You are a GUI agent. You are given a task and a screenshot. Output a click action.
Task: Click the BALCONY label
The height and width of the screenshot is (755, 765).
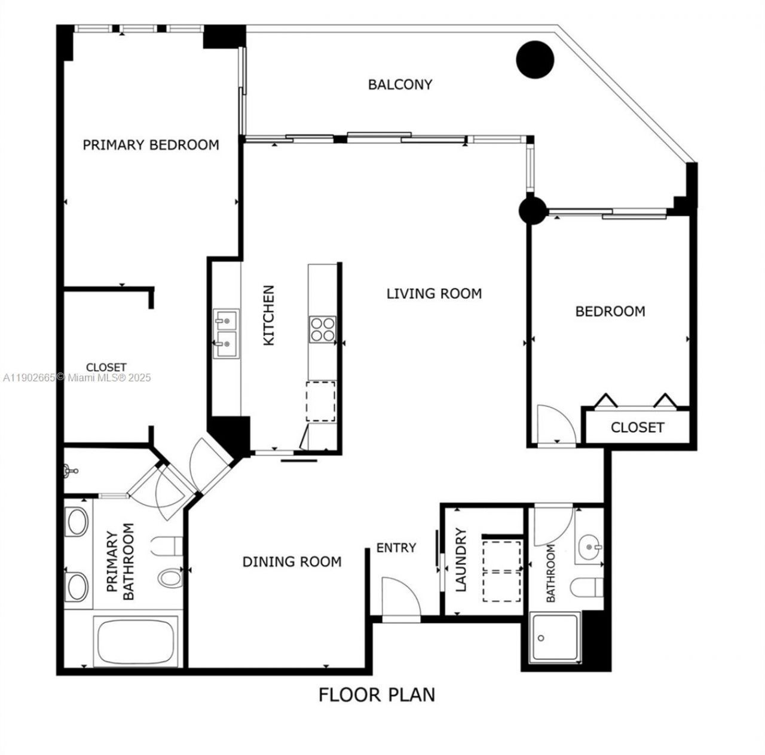tap(400, 85)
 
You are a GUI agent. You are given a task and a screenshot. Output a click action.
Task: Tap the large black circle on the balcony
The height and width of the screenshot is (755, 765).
tap(535, 59)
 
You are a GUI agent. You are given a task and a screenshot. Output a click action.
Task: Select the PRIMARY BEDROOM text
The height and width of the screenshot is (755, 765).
tap(151, 145)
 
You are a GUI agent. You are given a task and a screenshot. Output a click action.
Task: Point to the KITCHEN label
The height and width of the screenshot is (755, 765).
tap(269, 315)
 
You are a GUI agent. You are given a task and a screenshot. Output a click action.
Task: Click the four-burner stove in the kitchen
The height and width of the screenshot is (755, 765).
tap(322, 329)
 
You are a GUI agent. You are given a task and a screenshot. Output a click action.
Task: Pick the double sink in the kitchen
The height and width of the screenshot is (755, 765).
tap(227, 334)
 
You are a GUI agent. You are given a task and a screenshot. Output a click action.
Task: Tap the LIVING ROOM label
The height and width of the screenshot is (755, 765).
tap(434, 294)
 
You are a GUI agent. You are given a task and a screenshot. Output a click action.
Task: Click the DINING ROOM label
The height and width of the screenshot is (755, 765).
tap(292, 562)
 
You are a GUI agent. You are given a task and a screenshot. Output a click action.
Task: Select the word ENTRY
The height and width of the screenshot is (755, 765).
tap(396, 548)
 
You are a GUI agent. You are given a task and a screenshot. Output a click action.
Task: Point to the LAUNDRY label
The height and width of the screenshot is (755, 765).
tap(461, 560)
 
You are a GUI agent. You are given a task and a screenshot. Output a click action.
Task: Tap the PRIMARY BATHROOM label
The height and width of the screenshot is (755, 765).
tap(120, 562)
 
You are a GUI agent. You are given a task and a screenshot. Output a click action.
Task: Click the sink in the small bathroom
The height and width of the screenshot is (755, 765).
tap(590, 546)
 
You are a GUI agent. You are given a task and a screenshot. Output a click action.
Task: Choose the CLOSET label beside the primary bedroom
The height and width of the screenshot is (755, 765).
tap(106, 367)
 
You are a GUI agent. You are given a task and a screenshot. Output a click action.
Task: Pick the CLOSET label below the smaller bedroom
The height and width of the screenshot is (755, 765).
tap(637, 427)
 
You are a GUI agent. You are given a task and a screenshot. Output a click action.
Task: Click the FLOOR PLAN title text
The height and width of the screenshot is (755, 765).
tap(377, 695)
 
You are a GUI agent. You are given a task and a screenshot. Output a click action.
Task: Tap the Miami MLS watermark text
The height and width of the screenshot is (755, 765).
tap(77, 378)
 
